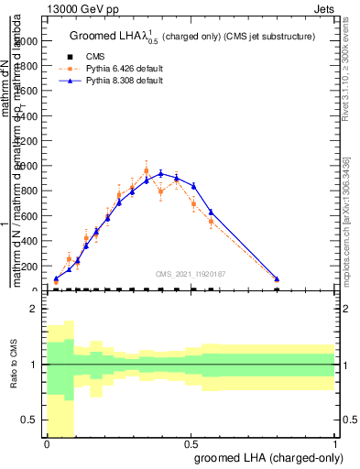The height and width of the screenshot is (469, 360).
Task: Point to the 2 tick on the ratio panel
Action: [x=34, y=310]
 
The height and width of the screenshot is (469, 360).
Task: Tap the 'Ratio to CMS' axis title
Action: [x=13, y=365]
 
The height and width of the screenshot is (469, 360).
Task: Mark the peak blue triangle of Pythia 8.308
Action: [x=161, y=173]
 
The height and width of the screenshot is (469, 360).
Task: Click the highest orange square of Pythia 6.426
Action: [x=147, y=170]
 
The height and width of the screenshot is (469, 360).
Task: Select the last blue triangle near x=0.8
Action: [x=277, y=278]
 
